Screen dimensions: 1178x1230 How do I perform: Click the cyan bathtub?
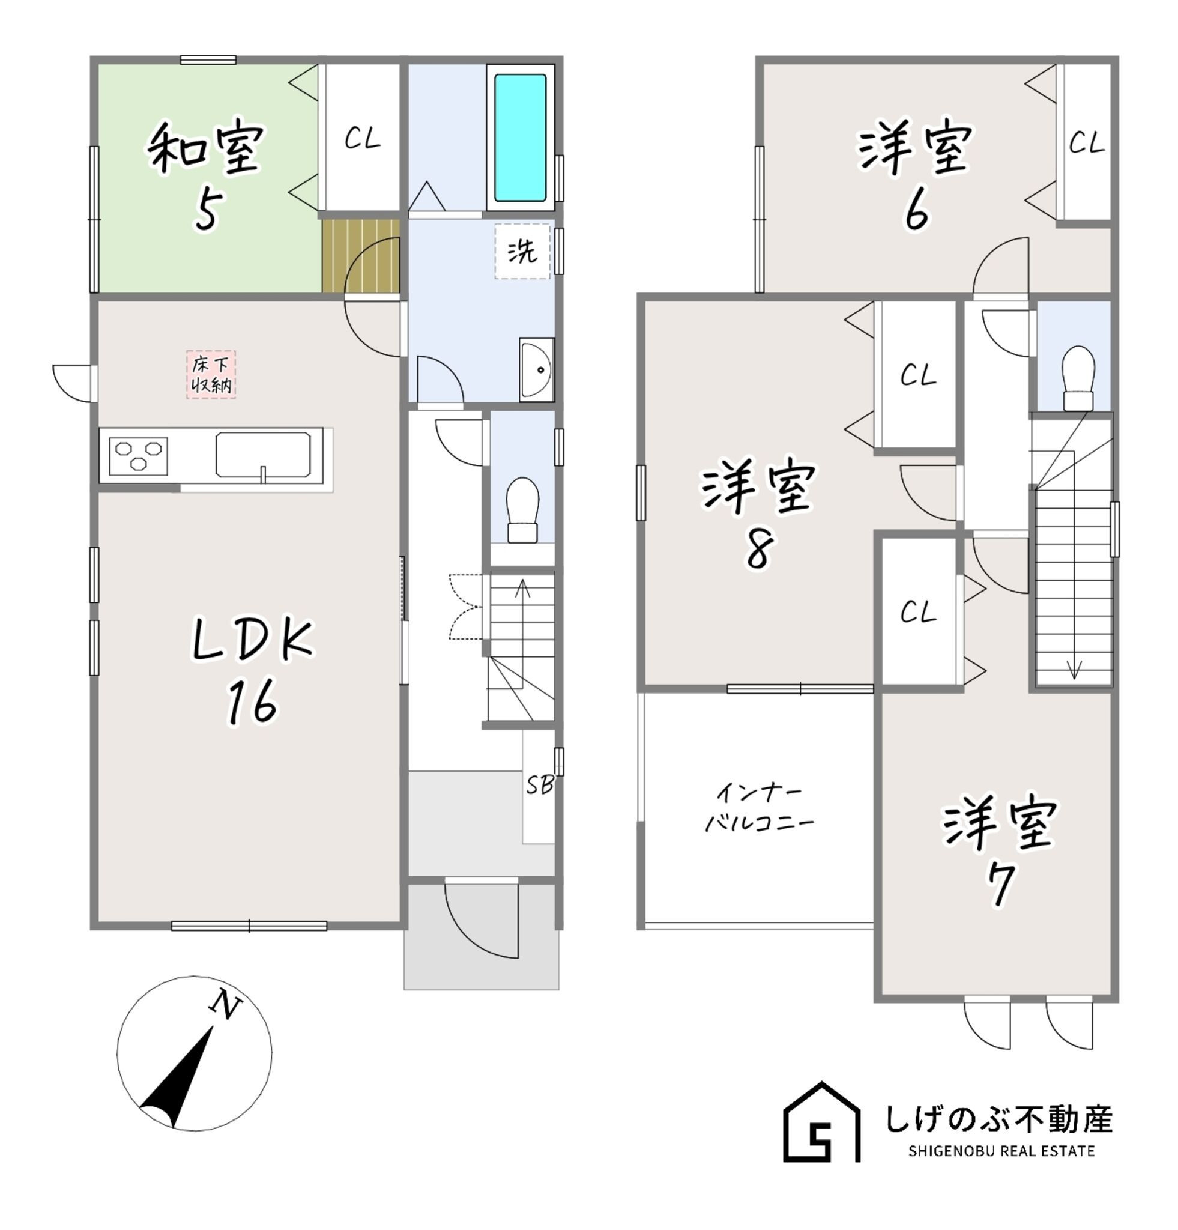pyautogui.click(x=519, y=138)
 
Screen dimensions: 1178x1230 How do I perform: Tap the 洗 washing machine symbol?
pyautogui.click(x=521, y=252)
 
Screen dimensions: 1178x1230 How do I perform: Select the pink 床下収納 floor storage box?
pyautogui.click(x=211, y=375)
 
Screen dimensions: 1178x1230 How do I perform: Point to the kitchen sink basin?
pyautogui.click(x=263, y=455)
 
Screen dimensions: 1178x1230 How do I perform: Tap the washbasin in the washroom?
pyautogui.click(x=536, y=369)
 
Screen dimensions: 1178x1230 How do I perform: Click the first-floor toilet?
pyautogui.click(x=522, y=510)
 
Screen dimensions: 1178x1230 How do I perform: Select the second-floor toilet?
pyautogui.click(x=1078, y=378)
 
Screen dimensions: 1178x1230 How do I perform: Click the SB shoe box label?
pyautogui.click(x=539, y=784)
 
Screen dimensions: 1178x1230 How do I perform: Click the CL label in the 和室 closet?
pyautogui.click(x=363, y=139)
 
